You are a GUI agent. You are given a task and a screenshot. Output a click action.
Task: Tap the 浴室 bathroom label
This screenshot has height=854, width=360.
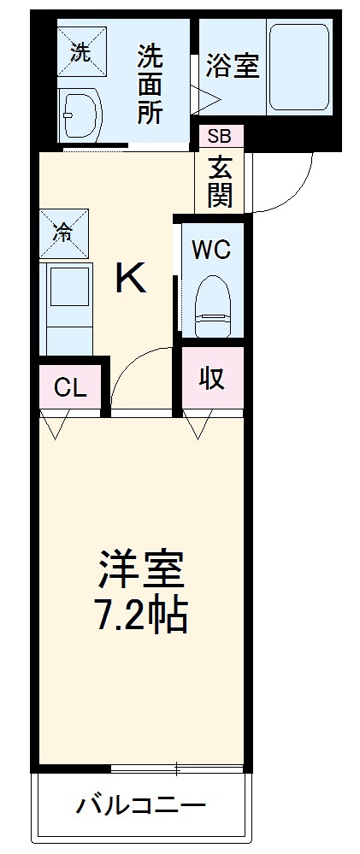(x=233, y=67)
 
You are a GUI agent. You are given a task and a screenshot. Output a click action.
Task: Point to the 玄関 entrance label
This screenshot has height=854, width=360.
(x=220, y=180)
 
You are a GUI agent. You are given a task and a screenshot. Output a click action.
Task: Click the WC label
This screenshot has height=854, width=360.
(x=210, y=250)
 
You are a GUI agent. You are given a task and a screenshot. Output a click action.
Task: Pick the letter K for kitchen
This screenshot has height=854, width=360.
(x=131, y=279)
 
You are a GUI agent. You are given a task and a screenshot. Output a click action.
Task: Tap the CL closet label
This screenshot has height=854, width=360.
(x=71, y=388)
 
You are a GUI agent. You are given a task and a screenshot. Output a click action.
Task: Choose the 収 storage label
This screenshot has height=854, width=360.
(x=212, y=379)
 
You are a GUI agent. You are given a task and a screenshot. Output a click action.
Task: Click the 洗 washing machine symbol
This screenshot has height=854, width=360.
(x=80, y=52)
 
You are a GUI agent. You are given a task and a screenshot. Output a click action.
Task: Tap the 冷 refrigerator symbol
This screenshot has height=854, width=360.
(x=64, y=231)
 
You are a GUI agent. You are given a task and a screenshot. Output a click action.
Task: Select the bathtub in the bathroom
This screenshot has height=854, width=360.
(x=298, y=68)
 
